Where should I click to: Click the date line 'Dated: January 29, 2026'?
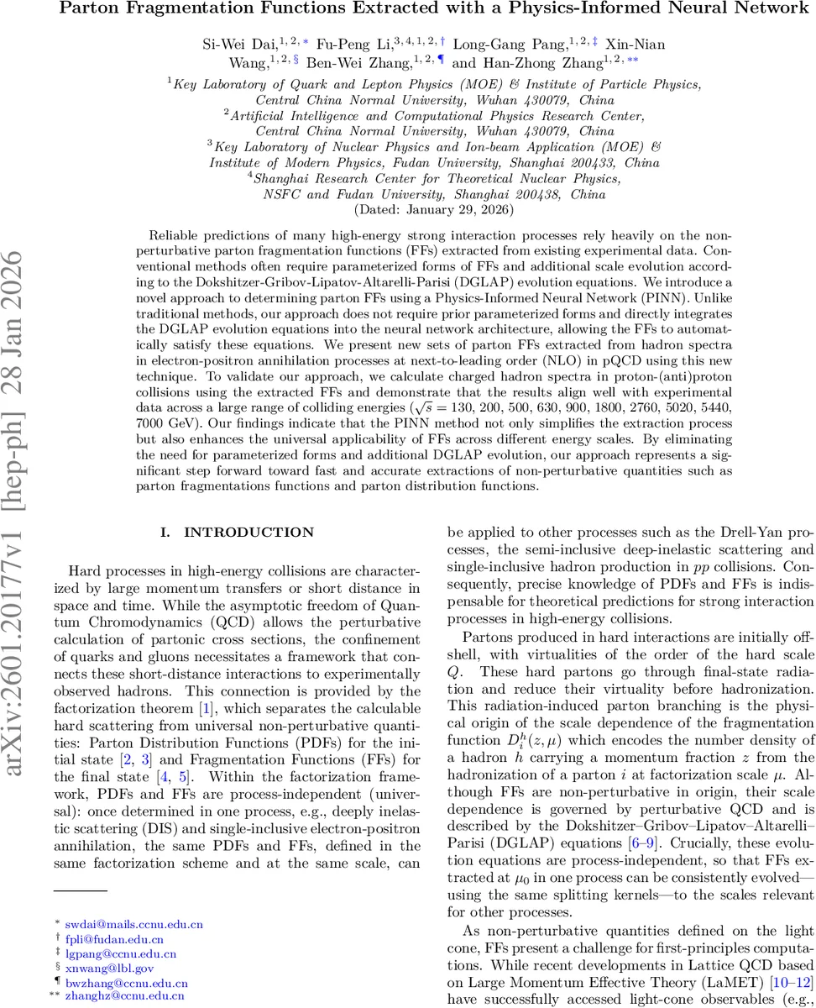pos(407,209)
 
